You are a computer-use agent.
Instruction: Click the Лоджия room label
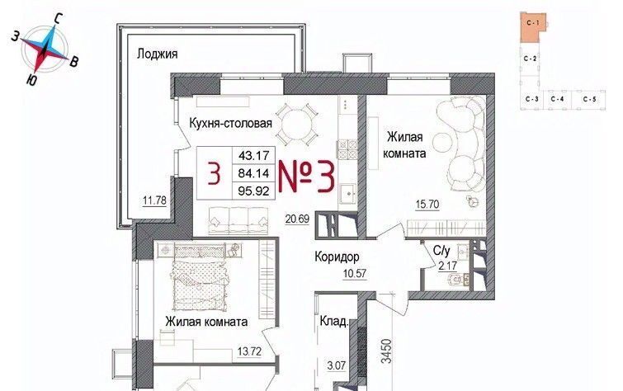158,54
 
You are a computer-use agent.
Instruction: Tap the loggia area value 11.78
154,200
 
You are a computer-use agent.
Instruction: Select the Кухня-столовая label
230,123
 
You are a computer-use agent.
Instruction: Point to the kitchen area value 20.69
297,218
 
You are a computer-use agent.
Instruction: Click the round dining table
297,124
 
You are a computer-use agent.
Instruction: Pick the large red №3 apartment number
306,177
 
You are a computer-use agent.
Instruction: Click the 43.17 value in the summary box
253,155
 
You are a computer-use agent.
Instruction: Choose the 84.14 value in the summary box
253,173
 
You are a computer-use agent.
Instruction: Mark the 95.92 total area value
253,191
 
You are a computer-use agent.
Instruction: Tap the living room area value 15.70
427,205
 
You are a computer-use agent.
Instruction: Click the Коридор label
337,257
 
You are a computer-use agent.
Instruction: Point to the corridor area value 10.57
355,274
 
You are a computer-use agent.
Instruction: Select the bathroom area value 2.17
448,266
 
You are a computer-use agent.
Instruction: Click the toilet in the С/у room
457,280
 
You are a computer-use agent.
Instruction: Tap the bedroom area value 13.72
249,351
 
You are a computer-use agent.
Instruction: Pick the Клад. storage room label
334,321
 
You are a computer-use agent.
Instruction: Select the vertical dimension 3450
386,351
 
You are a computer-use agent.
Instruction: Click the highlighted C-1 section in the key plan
533,26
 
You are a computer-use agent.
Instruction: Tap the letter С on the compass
59,18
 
